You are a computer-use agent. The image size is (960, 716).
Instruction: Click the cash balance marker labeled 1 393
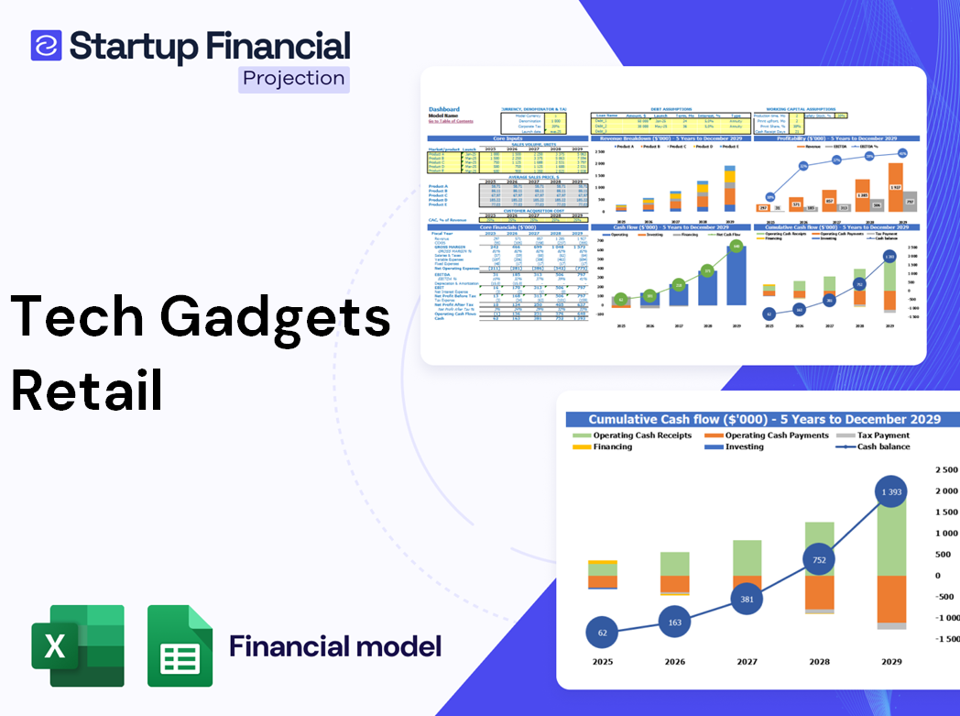coord(885,493)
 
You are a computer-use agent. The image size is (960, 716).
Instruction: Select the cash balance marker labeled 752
coord(818,560)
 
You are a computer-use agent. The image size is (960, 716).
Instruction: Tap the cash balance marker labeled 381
coord(747,599)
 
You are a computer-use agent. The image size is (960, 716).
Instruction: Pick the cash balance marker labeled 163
coord(674,622)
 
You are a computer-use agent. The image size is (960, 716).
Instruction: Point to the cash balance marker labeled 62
coord(602,633)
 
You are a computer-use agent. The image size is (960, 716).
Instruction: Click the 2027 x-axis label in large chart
coord(747,662)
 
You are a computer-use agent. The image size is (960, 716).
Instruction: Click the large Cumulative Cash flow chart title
coord(764,418)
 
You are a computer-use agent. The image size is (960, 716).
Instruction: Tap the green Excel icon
coord(78,646)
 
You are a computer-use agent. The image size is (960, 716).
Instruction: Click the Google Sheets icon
coord(180,646)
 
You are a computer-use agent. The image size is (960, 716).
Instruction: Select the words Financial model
coord(335,646)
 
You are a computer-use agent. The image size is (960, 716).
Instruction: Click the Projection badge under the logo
coord(293,79)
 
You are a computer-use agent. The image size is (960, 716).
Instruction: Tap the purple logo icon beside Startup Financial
coord(47,45)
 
